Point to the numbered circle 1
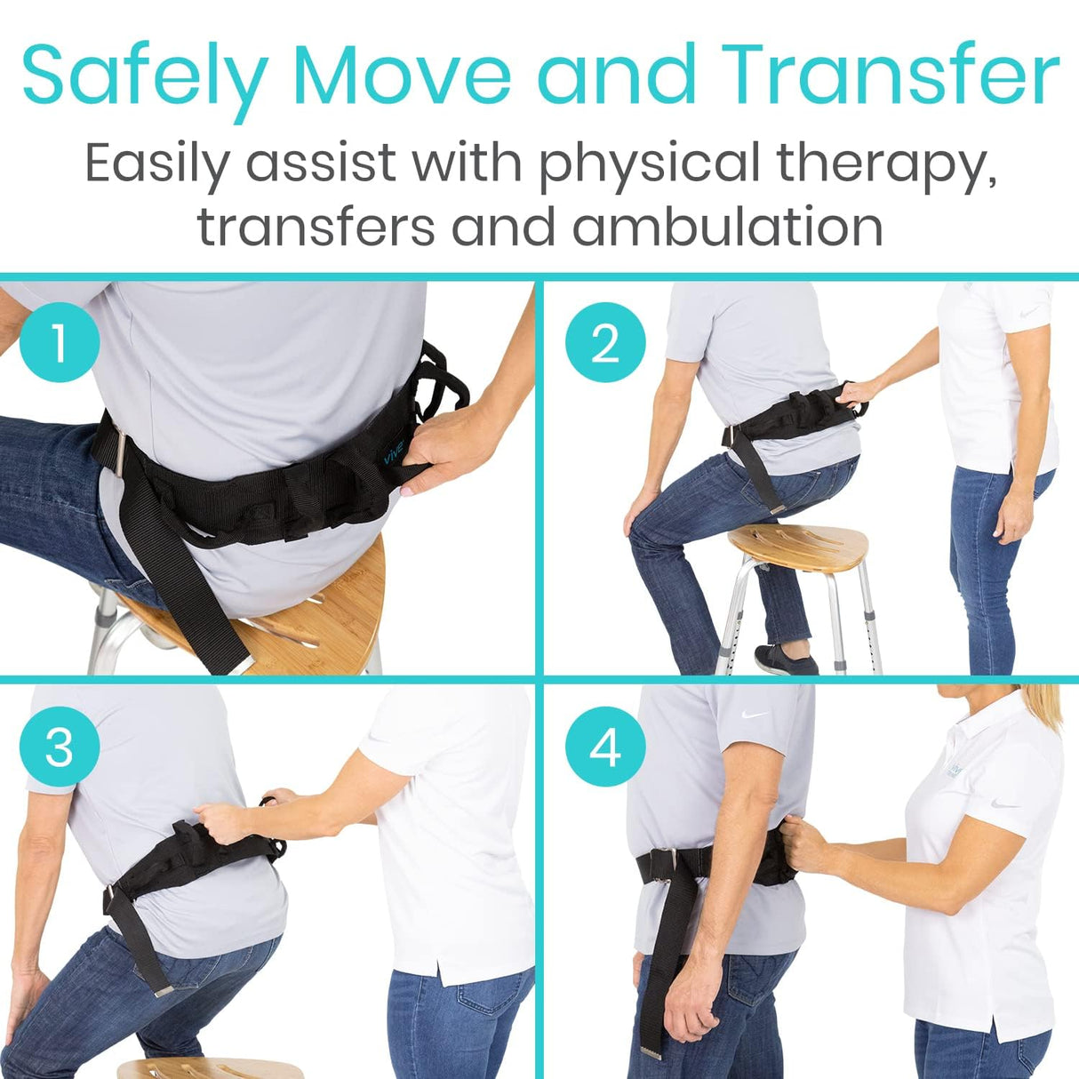point(59,342)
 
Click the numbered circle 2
point(605,342)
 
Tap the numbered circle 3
point(59,747)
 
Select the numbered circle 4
point(605,747)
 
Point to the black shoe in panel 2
point(785,659)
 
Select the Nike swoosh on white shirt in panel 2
point(1028,313)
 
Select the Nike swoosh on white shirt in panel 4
point(1006,804)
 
